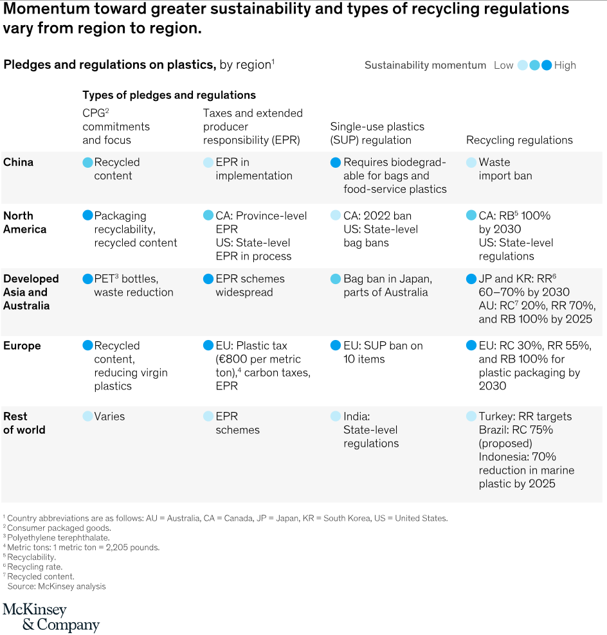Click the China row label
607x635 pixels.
pos(18,162)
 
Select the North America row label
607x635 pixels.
pos(24,222)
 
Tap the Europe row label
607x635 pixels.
pos(22,346)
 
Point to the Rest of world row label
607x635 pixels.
pos(24,423)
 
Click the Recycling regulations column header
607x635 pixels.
pos(519,140)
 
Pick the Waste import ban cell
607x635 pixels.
pos(505,168)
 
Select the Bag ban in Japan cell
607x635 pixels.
pos(388,285)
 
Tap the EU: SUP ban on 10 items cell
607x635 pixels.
pos(383,352)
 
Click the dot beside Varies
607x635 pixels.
pos(87,416)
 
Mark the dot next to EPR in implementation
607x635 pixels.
pos(208,163)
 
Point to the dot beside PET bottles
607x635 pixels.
pos(87,279)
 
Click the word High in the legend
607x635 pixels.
pos(565,65)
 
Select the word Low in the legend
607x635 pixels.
pos(503,65)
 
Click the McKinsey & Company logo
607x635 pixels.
pos(51,617)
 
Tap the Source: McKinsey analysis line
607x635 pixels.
pos(57,586)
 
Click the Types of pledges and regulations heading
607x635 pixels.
pos(169,95)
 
